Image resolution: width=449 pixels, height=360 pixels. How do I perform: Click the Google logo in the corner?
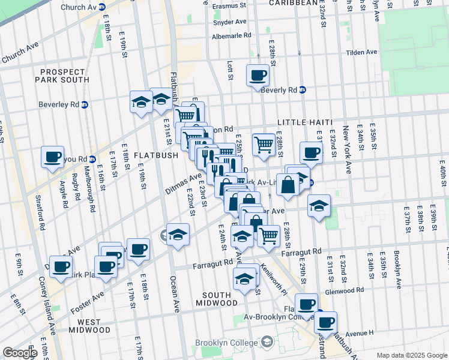19,352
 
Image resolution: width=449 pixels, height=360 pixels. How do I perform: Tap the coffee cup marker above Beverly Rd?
258,76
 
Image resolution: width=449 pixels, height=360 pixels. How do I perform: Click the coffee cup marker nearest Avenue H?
325,323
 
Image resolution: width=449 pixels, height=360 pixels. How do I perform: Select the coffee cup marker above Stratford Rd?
52,157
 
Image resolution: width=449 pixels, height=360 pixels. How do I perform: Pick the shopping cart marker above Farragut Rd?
268,236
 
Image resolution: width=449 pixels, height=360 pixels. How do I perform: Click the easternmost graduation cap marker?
319,207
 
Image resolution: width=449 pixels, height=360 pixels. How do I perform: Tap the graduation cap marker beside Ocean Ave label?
178,235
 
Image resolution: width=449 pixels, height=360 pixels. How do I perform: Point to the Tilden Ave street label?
361,52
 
